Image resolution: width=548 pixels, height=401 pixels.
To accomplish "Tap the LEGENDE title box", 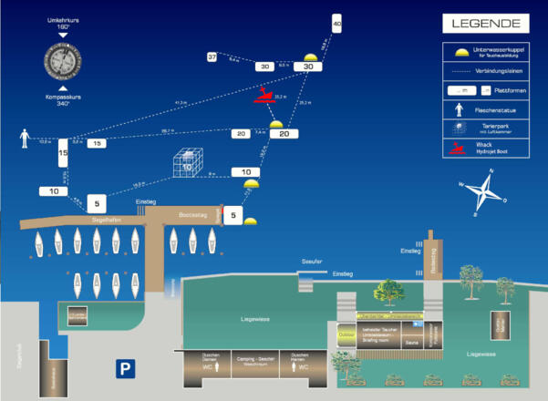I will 484,23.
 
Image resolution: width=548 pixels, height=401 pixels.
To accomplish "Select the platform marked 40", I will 336,24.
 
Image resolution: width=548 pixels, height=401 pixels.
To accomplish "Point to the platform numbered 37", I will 212,57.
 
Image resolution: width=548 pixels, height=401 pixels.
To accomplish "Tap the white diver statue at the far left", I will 25,139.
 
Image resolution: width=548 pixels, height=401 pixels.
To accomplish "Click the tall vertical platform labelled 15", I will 63,157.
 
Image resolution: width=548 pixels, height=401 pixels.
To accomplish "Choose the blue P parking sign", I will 125,368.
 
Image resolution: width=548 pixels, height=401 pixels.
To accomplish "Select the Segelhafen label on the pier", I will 107,220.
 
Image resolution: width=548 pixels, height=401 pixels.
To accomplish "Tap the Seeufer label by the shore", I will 313,262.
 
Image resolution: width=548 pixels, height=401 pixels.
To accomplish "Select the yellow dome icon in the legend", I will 459,51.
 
